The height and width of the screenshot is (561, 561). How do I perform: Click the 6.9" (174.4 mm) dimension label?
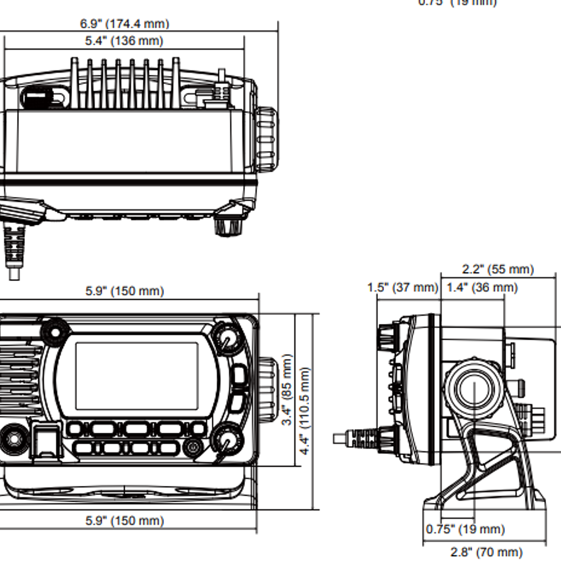[x=124, y=24]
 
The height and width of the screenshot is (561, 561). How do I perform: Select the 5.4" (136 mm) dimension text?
[x=124, y=41]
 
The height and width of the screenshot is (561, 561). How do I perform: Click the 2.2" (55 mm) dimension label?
[x=498, y=269]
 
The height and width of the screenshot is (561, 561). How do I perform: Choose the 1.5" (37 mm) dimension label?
[x=403, y=288]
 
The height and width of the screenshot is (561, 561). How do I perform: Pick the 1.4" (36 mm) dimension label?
[x=482, y=288]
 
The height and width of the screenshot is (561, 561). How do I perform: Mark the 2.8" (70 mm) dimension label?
[x=486, y=552]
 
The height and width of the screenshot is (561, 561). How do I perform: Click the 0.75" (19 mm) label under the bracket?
[x=465, y=529]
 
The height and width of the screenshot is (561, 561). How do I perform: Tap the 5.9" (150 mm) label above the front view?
[x=124, y=291]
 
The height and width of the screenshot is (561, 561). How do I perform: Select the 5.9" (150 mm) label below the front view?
[x=124, y=520]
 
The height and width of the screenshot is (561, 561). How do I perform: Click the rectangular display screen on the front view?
[x=137, y=376]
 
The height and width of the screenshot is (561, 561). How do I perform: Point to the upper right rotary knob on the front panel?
[x=226, y=338]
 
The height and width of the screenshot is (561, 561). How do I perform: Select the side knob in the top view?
[x=266, y=138]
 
